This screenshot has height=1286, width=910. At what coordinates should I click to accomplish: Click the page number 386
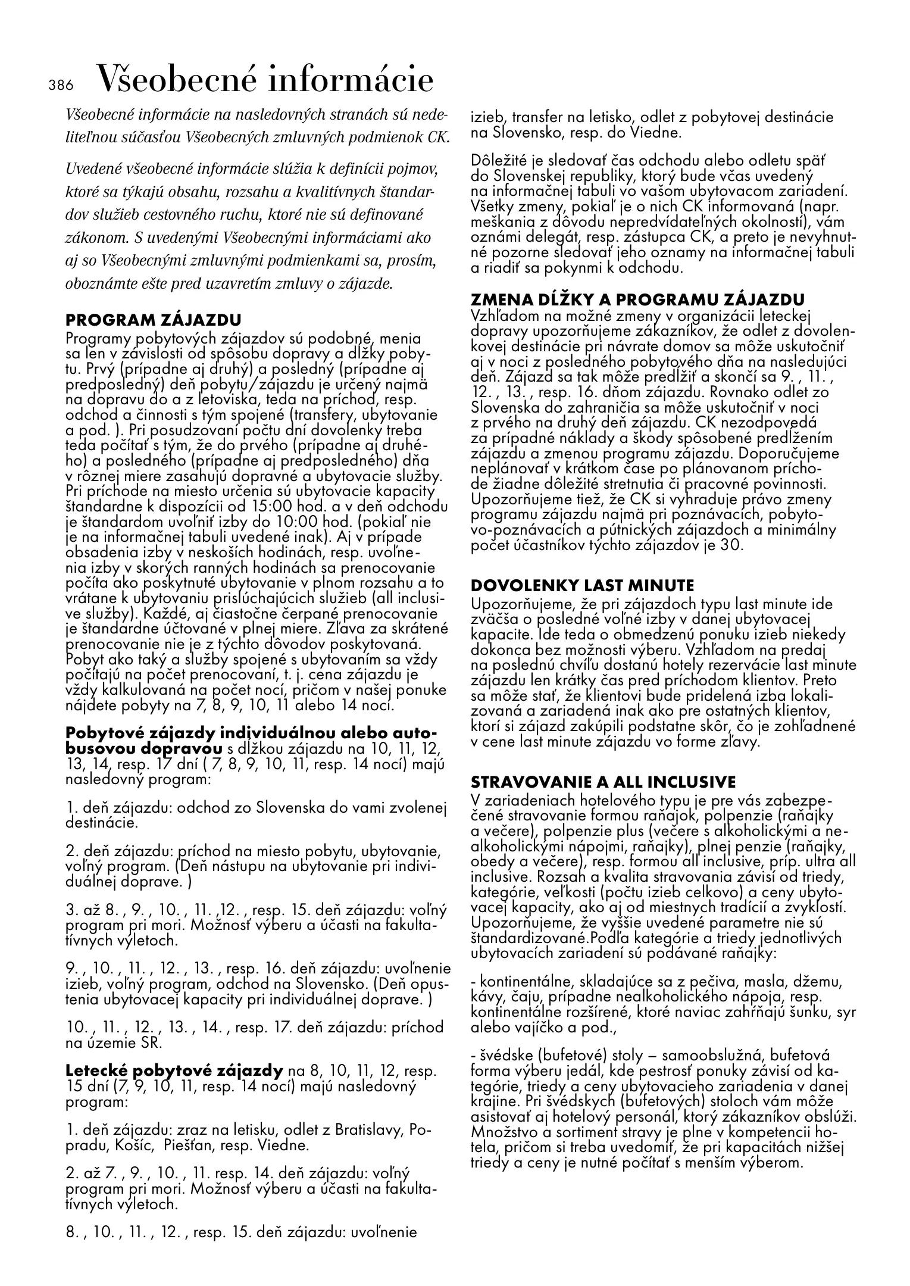60,85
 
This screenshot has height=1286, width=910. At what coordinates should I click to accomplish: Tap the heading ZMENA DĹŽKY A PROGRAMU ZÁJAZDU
637,299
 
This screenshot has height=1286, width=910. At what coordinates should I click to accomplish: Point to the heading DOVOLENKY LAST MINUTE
582,585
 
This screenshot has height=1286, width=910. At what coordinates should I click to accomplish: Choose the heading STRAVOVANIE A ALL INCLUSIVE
603,781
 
